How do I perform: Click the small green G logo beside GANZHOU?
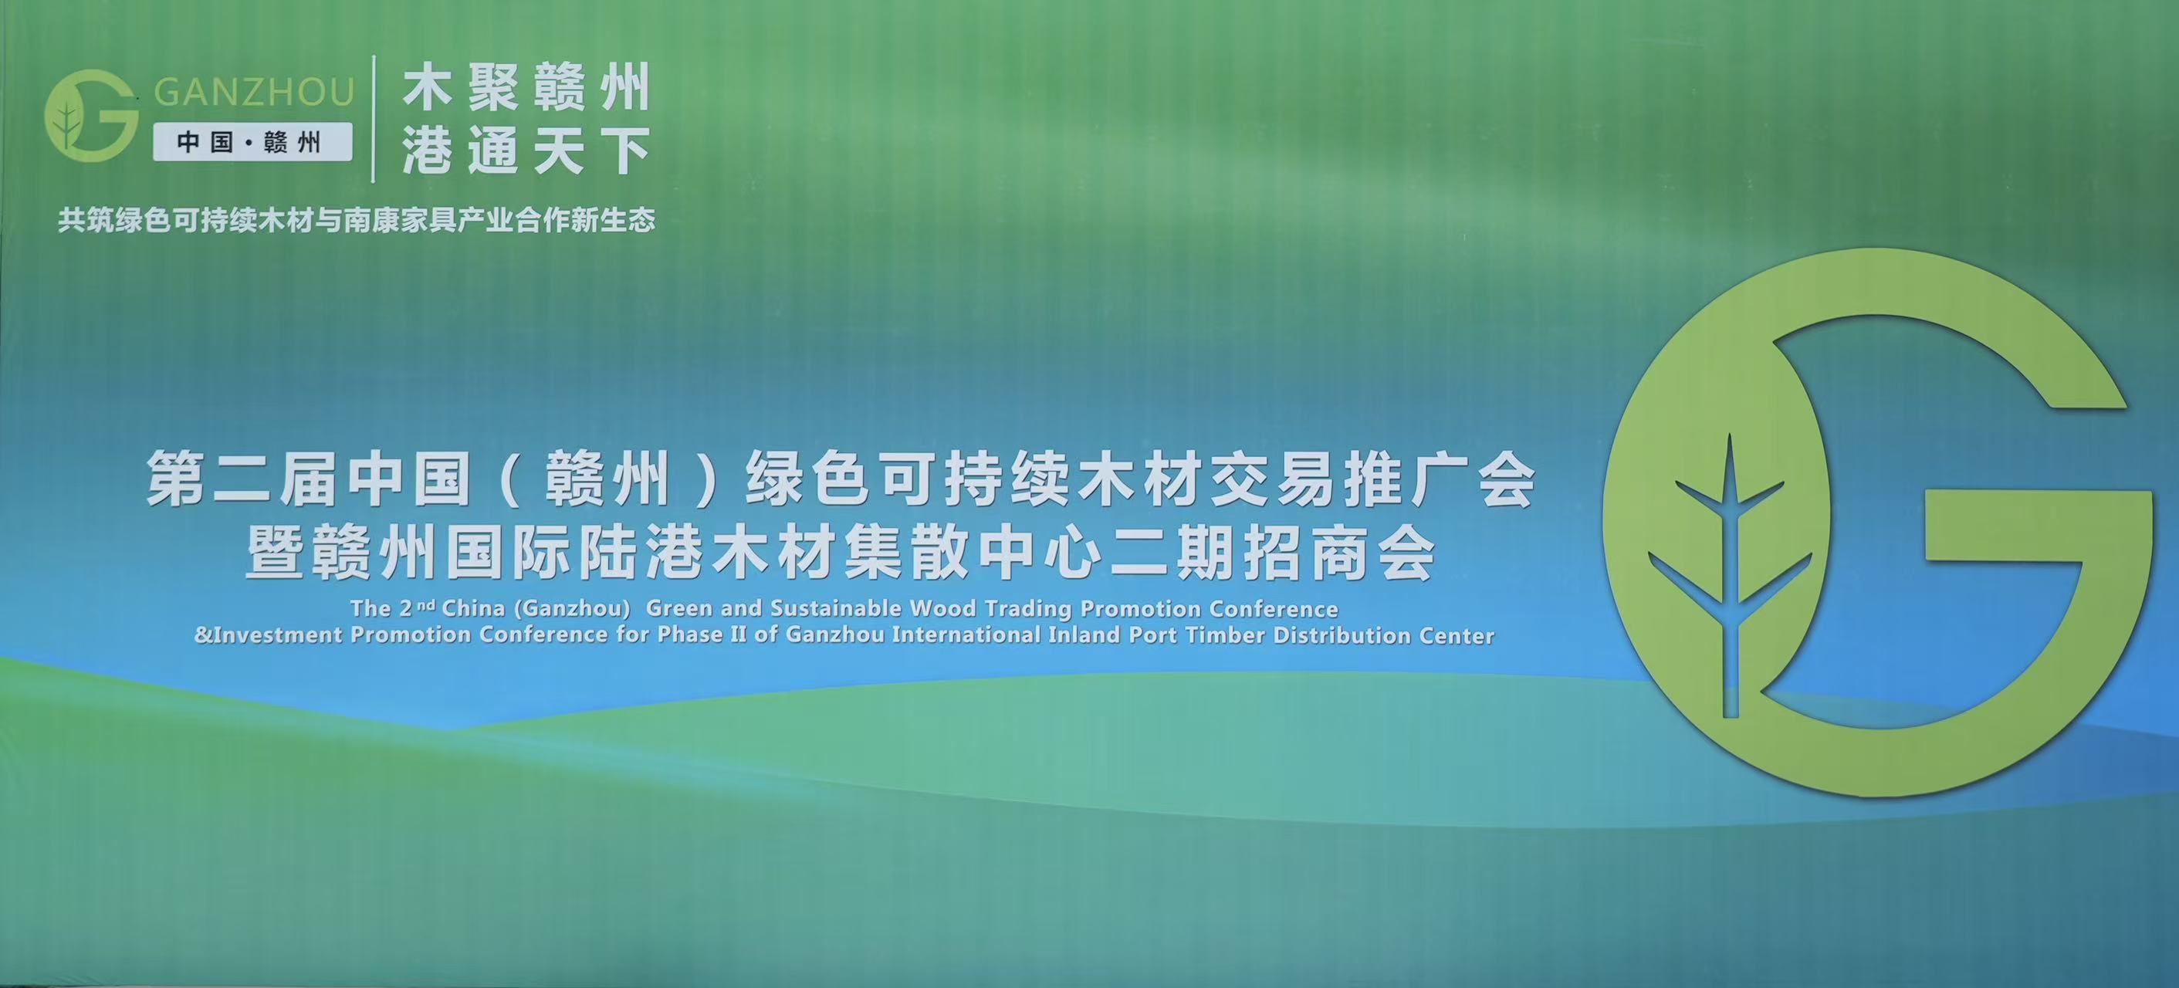pyautogui.click(x=91, y=116)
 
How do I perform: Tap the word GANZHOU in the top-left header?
pyautogui.click(x=253, y=92)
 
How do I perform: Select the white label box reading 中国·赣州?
pyautogui.click(x=252, y=141)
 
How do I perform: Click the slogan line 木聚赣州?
pyautogui.click(x=526, y=89)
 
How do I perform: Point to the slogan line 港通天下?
pyautogui.click(x=526, y=151)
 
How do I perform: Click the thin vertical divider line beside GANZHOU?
pyautogui.click(x=374, y=118)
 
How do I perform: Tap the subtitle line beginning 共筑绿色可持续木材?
pyautogui.click(x=356, y=220)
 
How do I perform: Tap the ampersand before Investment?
pyautogui.click(x=203, y=635)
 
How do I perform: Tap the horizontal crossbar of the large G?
pyautogui.click(x=2039, y=526)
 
